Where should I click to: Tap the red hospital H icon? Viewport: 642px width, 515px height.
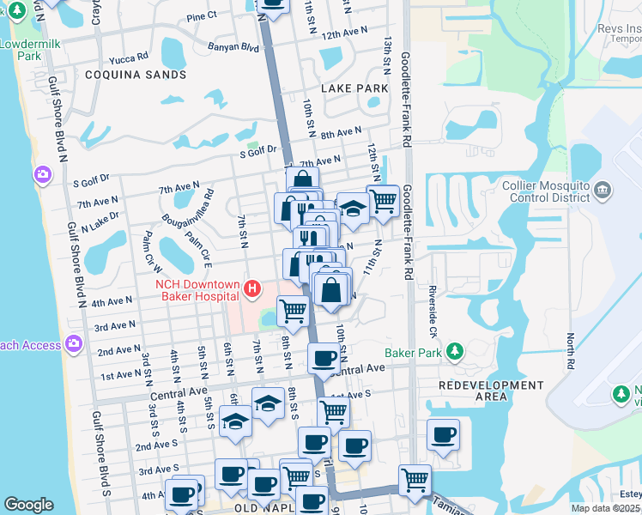pyautogui.click(x=252, y=288)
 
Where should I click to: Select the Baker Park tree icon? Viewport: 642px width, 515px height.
pyautogui.click(x=455, y=351)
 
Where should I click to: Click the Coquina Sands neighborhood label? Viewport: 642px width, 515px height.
pyautogui.click(x=136, y=75)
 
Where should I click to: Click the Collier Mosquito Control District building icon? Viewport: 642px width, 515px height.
pyautogui.click(x=603, y=190)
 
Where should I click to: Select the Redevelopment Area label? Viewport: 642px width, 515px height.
pyautogui.click(x=491, y=391)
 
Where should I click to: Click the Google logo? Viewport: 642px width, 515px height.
pyautogui.click(x=28, y=505)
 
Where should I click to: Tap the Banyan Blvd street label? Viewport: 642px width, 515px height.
pyautogui.click(x=233, y=48)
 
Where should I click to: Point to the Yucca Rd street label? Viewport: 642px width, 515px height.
pyautogui.click(x=129, y=60)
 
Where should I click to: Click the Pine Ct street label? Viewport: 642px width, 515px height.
pyautogui.click(x=202, y=16)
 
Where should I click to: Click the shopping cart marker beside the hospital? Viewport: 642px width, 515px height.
pyautogui.click(x=293, y=310)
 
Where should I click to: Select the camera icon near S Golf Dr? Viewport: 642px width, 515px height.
pyautogui.click(x=42, y=176)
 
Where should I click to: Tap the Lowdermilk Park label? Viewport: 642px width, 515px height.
pyautogui.click(x=22, y=50)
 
